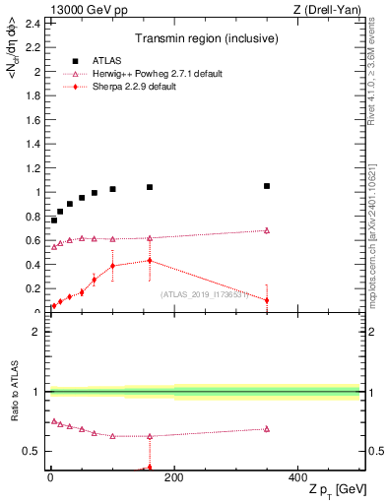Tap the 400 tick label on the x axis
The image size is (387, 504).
(297, 478)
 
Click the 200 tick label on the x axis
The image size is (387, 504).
(174, 478)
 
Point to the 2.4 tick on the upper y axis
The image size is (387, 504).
(34, 24)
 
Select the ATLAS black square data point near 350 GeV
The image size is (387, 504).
(267, 186)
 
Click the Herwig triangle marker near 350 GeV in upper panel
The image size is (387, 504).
(267, 230)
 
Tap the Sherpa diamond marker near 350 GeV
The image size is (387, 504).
(267, 300)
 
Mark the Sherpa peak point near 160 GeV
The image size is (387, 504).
(150, 260)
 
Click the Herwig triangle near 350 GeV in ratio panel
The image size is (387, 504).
(267, 428)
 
